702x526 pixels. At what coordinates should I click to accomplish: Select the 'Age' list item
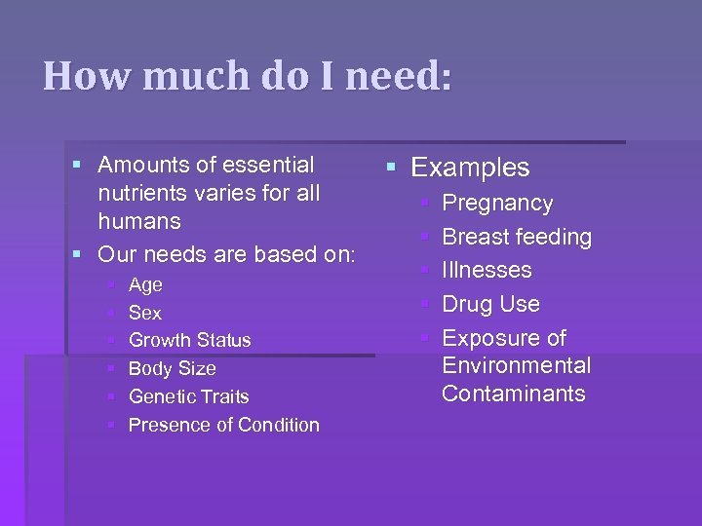(145, 285)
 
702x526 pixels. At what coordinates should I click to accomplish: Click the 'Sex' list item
(145, 314)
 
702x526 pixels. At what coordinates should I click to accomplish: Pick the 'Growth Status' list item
(189, 341)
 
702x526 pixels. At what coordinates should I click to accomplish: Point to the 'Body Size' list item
(172, 369)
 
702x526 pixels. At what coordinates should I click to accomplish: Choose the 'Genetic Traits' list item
(188, 397)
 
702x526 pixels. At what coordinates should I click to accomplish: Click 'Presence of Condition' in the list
(223, 426)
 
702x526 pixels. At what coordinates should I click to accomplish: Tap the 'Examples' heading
(470, 168)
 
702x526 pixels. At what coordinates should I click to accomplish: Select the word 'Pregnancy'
(497, 204)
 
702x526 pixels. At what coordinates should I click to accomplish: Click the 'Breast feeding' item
(517, 238)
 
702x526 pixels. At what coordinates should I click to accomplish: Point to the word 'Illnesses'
(487, 271)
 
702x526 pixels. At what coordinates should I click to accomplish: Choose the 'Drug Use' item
(490, 305)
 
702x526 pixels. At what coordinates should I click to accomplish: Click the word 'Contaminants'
(513, 394)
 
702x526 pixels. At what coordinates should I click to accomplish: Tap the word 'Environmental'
(516, 366)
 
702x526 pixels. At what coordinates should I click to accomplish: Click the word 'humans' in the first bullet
(139, 222)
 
